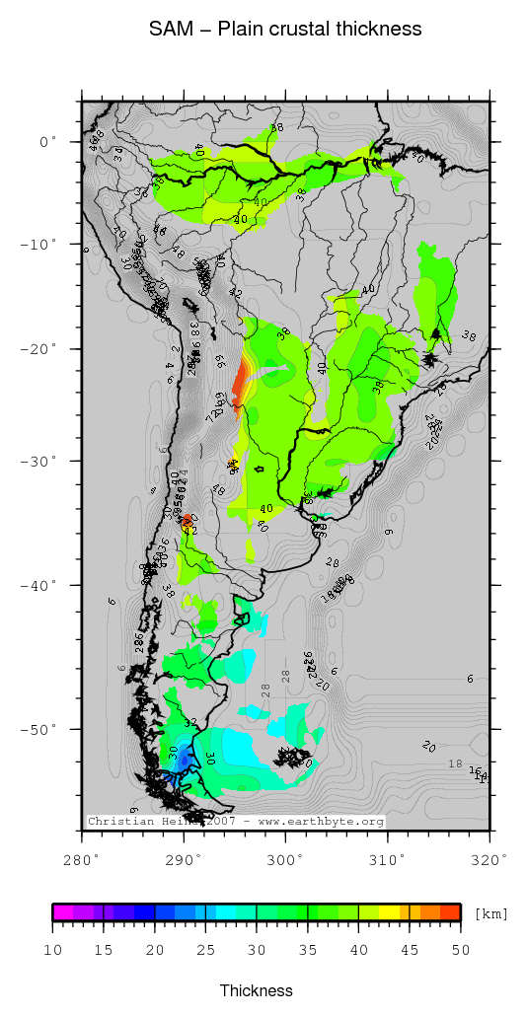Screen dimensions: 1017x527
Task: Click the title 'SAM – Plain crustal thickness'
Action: coord(285,30)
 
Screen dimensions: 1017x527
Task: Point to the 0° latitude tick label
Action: coord(48,142)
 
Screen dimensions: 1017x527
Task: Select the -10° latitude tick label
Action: coord(42,244)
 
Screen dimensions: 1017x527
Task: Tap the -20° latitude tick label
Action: coord(42,349)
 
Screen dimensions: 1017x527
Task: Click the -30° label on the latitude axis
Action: coord(42,461)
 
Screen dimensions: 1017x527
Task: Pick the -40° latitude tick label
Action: coord(42,585)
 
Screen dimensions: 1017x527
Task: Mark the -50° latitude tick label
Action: coord(42,729)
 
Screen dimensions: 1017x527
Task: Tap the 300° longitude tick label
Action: coord(284,859)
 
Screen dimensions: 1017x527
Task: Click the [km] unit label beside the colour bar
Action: coord(491,913)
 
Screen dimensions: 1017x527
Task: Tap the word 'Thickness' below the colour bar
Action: coord(257,990)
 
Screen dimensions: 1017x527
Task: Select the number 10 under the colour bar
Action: coord(53,949)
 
